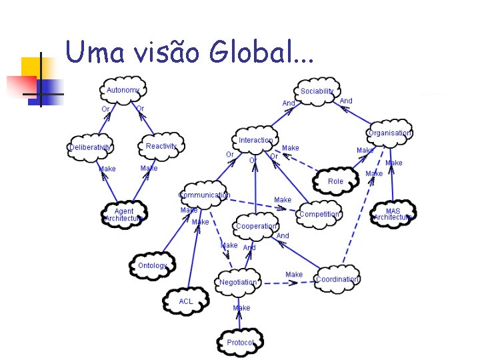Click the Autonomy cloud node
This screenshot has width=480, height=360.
click(123, 91)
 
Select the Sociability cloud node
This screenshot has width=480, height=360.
click(317, 91)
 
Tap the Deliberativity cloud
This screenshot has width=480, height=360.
click(91, 147)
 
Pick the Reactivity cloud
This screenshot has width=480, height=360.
click(161, 146)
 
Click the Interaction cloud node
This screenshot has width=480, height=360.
click(256, 140)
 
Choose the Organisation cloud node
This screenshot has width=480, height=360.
click(389, 133)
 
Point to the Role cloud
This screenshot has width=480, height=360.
click(336, 181)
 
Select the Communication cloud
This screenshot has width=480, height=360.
click(204, 195)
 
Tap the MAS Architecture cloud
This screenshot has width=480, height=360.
click(393, 214)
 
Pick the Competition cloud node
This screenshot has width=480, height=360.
click(319, 214)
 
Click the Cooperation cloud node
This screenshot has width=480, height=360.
click(257, 226)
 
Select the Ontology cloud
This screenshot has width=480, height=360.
click(153, 265)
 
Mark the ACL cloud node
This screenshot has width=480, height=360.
click(186, 301)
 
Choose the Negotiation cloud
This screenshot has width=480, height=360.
click(238, 282)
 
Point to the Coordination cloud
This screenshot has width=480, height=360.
click(337, 279)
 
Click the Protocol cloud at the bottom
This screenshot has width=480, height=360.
click(240, 343)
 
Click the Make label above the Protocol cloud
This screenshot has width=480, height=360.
click(241, 308)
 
